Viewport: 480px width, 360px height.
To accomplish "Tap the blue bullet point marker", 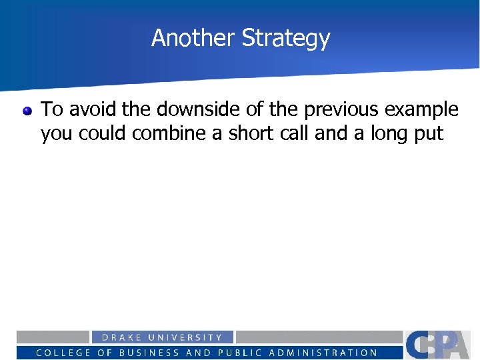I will [27, 110].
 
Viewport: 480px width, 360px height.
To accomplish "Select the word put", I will [428, 135].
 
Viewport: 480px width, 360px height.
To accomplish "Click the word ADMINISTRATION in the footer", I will [323, 353].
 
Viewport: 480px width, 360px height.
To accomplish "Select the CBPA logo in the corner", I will [440, 345].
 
